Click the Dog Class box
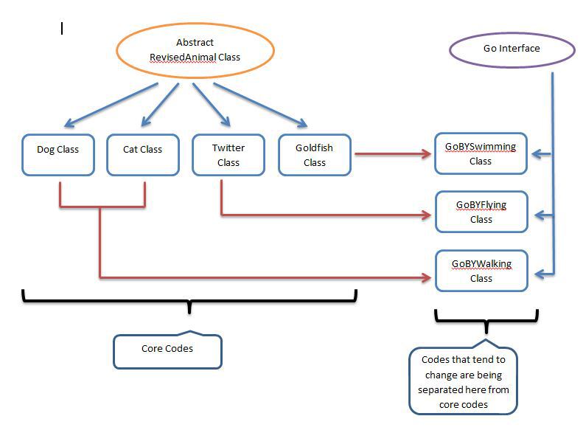click(58, 155)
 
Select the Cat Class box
click(142, 155)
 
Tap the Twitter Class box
click(228, 155)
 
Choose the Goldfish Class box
click(314, 155)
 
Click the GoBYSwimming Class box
click(481, 153)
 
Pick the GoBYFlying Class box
click(481, 212)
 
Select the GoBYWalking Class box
click(481, 271)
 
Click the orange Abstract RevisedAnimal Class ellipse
click(195, 50)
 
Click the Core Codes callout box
click(167, 350)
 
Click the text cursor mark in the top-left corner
click(62, 28)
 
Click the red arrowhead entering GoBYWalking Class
click(427, 278)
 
